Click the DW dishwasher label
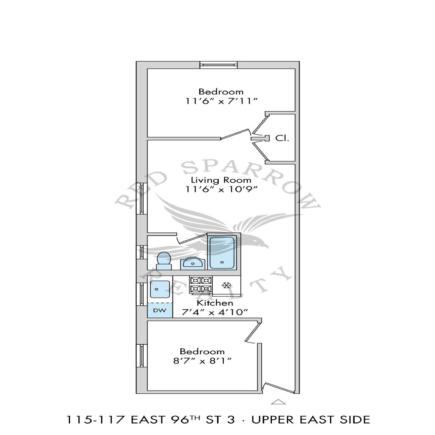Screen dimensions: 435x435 point(160,311)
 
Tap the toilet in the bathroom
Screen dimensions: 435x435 point(164,261)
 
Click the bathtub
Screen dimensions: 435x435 point(222,252)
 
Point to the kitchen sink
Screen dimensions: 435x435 point(160,289)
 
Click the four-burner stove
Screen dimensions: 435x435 point(201,285)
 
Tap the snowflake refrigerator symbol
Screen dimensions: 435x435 point(227,285)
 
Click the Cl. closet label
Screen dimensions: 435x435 point(282,138)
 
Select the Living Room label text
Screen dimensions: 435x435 point(221,180)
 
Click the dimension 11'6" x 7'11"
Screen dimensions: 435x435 point(221,101)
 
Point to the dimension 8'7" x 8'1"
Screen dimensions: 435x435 point(202,361)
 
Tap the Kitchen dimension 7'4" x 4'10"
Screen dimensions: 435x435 point(215,313)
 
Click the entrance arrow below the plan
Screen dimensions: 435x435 point(278,402)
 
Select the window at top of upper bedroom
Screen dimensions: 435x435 point(219,65)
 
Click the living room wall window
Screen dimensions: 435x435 point(141,198)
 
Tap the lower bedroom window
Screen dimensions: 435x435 point(141,356)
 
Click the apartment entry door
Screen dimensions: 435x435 point(278,387)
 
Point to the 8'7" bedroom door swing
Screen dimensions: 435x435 point(253,332)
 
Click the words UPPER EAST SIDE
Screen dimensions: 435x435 point(311,420)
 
